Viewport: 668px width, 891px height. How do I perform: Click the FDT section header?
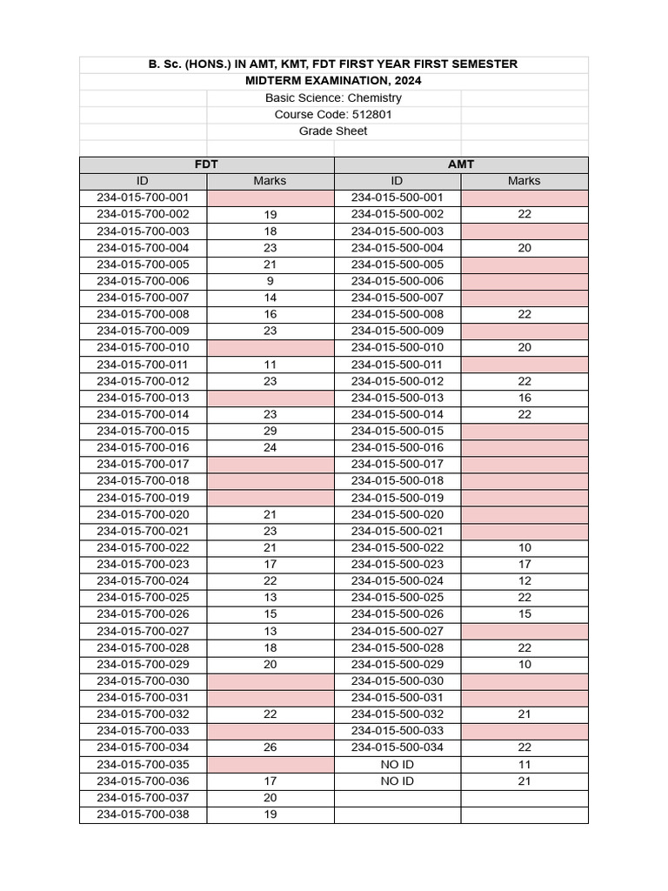click(x=206, y=164)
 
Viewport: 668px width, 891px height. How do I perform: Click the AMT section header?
click(x=461, y=164)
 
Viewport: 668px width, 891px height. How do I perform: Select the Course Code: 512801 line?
click(x=334, y=115)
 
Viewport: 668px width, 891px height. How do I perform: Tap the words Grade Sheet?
click(x=334, y=131)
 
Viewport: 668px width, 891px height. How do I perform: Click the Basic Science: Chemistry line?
click(x=334, y=98)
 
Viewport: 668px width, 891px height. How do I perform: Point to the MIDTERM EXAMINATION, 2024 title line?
click(x=334, y=81)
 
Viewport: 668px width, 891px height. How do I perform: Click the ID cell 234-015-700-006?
click(x=143, y=281)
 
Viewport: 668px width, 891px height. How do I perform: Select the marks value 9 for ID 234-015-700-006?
click(x=270, y=281)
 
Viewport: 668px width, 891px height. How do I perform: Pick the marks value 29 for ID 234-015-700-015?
click(x=270, y=432)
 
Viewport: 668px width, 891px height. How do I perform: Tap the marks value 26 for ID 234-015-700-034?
click(x=270, y=747)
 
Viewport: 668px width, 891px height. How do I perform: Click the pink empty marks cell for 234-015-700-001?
click(x=270, y=198)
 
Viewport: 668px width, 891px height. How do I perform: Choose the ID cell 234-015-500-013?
click(x=397, y=398)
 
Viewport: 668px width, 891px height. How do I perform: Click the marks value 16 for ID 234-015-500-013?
click(x=524, y=398)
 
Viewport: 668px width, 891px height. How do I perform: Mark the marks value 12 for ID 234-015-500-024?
click(x=524, y=581)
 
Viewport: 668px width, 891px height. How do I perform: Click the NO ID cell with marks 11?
click(x=397, y=765)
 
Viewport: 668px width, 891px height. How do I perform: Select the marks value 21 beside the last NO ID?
click(x=524, y=781)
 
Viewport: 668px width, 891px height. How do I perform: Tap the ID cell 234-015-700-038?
click(x=143, y=815)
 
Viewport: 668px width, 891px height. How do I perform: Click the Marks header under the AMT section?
click(x=524, y=181)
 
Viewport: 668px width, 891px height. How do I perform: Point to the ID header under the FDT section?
click(x=143, y=181)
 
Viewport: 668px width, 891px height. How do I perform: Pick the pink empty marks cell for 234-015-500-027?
click(x=524, y=632)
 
